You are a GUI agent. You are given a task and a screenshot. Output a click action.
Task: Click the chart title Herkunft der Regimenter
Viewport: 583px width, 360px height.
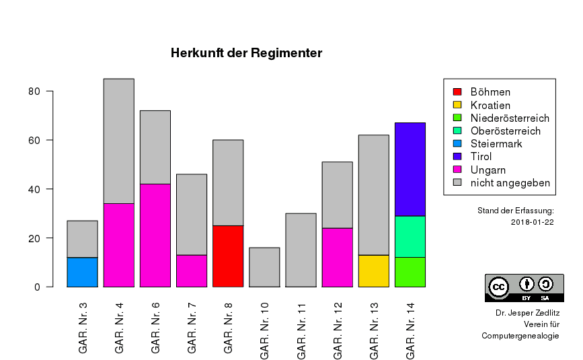tap(246, 53)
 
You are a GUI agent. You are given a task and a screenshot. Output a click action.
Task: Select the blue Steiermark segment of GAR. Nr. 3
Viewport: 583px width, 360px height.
tap(82, 272)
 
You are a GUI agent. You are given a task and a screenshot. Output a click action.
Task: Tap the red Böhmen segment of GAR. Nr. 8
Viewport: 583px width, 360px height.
tap(228, 256)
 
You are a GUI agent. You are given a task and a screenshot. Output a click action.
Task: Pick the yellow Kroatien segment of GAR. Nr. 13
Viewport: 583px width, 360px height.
tap(373, 271)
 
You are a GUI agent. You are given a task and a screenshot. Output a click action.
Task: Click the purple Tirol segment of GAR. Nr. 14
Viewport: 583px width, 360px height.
tap(410, 169)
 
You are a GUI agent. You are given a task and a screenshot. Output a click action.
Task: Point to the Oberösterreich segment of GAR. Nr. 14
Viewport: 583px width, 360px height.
tap(410, 236)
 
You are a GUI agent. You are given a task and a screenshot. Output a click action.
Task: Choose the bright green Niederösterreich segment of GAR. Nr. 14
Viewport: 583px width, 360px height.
tap(410, 272)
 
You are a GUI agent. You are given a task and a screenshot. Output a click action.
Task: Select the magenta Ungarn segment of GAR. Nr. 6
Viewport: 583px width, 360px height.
tap(155, 235)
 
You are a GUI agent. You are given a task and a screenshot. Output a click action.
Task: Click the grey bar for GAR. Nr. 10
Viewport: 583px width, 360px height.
tap(264, 267)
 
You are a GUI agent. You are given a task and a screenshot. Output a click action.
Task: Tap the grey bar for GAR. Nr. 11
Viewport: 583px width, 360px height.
tap(301, 250)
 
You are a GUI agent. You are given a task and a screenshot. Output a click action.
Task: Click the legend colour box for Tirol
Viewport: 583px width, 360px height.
tap(457, 157)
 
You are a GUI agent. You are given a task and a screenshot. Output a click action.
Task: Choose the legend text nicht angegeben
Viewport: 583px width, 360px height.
tap(510, 183)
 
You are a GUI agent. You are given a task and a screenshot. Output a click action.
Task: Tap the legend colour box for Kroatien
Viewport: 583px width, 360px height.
tap(457, 106)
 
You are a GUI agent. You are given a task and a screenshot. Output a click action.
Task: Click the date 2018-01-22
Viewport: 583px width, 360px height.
tap(532, 223)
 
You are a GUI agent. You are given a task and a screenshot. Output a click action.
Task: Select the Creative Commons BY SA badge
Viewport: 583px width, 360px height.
tap(524, 288)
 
